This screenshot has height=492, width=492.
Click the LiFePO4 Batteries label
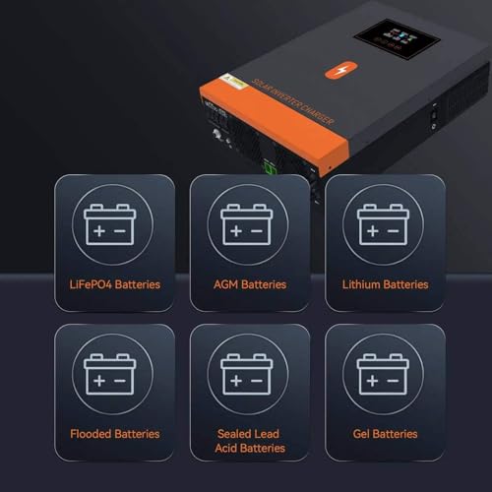(x=114, y=284)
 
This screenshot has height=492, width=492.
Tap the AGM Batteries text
(x=249, y=284)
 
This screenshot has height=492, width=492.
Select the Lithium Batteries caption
(x=385, y=284)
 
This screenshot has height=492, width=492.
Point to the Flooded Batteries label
(x=114, y=434)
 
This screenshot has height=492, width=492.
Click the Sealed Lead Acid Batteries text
(x=249, y=441)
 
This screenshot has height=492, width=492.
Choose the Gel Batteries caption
(x=385, y=434)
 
